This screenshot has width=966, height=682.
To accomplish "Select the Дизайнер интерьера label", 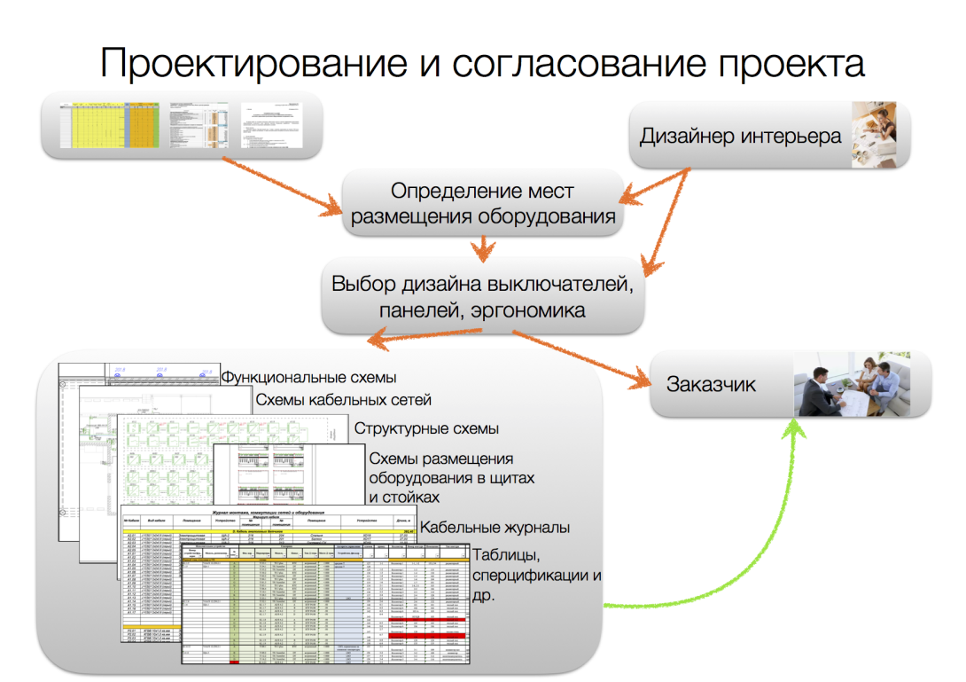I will coord(741,137).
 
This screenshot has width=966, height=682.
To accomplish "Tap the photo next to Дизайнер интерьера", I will coord(879,134).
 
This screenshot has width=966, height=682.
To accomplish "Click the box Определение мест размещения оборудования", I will coord(482,204).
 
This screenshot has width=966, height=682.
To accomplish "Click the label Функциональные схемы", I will coord(309,379).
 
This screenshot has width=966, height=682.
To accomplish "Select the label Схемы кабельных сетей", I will coord(344,401).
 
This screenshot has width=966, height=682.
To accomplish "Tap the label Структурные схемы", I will coord(426,428).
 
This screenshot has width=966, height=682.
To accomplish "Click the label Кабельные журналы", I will coord(495,528).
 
